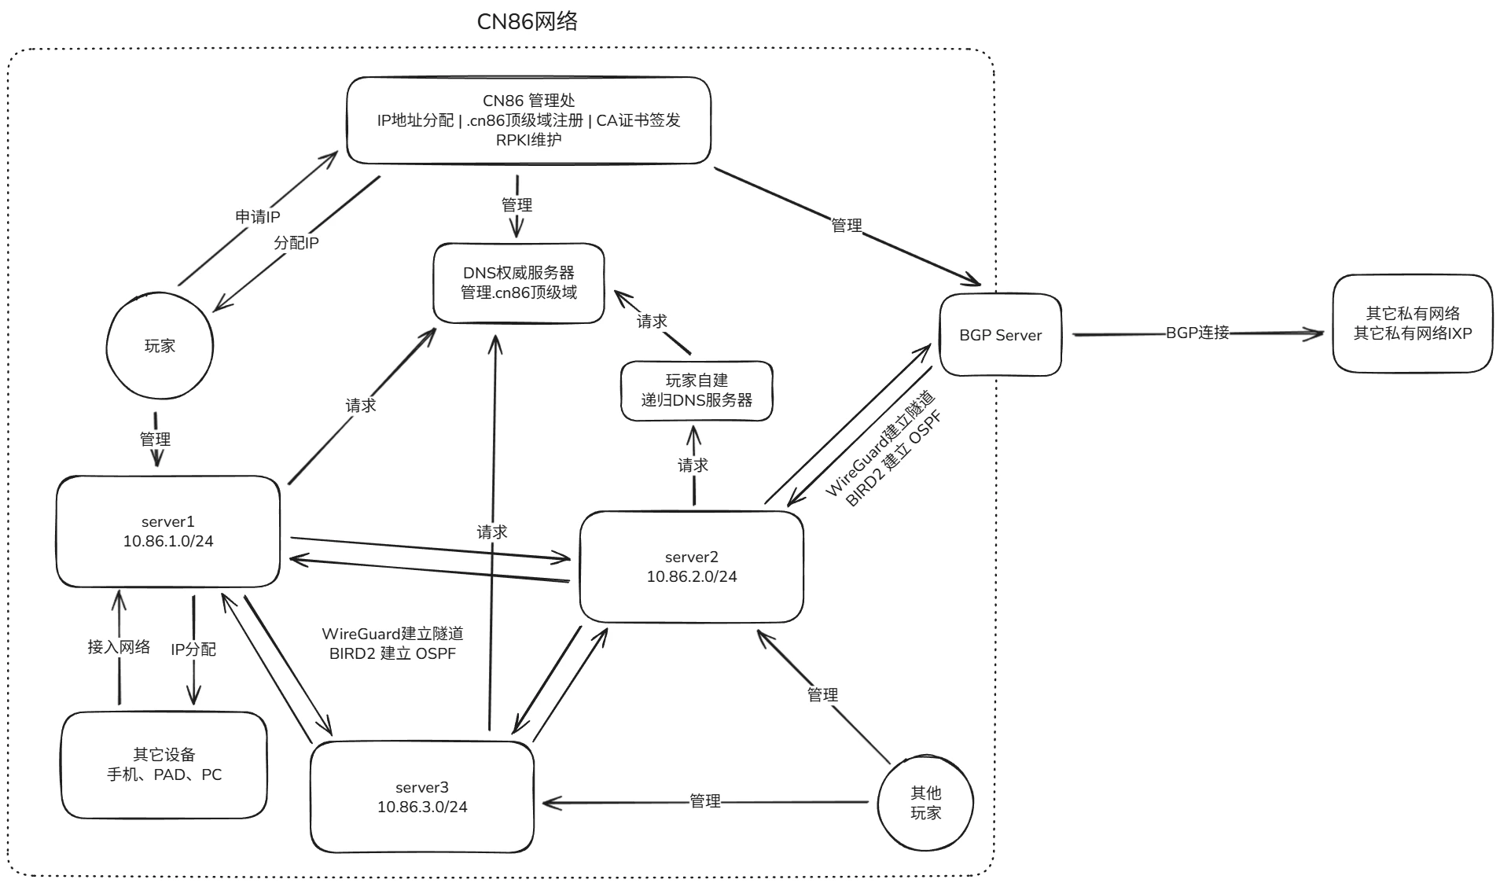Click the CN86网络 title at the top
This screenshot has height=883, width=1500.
(527, 21)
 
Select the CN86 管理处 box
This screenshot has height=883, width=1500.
(528, 120)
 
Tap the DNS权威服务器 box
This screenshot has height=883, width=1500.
(519, 283)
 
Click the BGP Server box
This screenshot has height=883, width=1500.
(1000, 335)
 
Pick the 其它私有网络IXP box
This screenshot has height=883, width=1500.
(1412, 323)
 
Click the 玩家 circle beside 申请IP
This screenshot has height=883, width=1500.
(160, 346)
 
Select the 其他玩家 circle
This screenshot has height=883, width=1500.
(925, 803)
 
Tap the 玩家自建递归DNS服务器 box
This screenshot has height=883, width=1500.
(697, 391)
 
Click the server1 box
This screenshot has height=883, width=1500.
(167, 532)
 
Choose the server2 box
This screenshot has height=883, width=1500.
(691, 567)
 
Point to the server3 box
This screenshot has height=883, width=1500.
(422, 797)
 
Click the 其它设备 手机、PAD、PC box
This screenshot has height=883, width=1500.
(164, 765)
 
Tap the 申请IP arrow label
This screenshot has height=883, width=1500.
(257, 217)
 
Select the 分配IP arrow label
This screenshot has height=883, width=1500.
(296, 243)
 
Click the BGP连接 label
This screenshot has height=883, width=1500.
(1197, 333)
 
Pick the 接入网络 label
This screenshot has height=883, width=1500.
(119, 647)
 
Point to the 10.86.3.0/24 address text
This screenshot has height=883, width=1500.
(422, 808)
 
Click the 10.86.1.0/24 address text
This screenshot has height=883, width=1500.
(167, 542)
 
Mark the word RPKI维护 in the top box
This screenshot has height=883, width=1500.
(528, 140)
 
